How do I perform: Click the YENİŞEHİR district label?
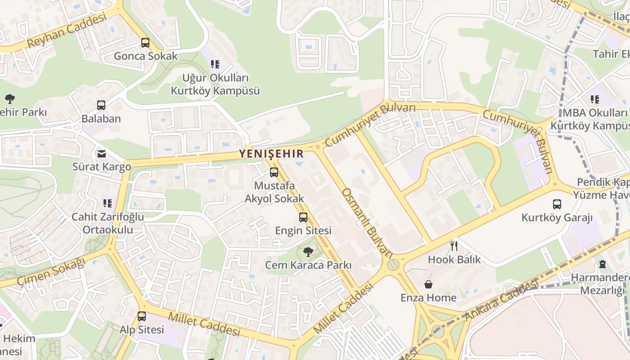[271, 153]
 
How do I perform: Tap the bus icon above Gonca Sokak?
[145, 43]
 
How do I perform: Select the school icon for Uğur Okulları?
[215, 64]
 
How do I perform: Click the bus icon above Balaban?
[101, 105]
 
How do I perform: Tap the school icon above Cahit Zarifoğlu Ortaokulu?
[108, 203]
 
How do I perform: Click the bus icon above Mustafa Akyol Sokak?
[274, 172]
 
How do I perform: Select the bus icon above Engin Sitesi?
[303, 217]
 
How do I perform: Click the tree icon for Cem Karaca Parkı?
[308, 252]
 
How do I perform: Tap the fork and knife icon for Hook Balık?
[454, 246]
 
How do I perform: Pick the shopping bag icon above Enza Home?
[428, 284]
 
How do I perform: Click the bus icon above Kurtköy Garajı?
[557, 204]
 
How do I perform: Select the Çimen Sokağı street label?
[51, 272]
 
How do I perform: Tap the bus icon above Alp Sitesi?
[142, 316]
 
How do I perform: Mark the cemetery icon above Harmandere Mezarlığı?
[603, 265]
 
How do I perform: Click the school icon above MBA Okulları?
[595, 99]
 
